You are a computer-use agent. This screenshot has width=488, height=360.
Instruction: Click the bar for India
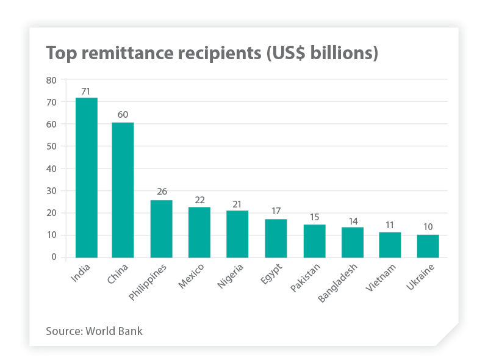click(x=86, y=177)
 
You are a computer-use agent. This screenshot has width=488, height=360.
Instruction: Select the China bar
click(x=123, y=190)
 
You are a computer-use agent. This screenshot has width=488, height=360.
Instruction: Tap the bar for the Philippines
click(x=161, y=228)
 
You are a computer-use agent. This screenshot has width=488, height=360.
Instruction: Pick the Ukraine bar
click(x=428, y=246)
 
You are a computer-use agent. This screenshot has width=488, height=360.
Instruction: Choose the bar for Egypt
click(x=276, y=238)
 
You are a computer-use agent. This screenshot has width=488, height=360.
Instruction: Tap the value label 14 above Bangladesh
click(x=352, y=221)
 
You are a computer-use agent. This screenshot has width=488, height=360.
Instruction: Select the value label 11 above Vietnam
click(x=390, y=225)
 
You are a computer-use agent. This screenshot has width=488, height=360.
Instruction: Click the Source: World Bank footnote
click(x=95, y=331)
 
